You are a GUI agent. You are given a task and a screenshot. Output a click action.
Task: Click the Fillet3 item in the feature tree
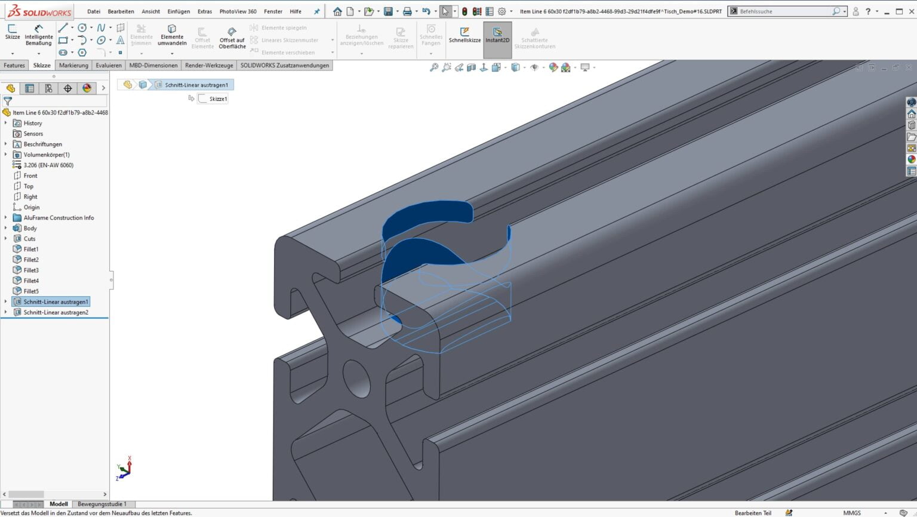(x=31, y=270)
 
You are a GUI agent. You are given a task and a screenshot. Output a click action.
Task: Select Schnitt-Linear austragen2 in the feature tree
(x=56, y=312)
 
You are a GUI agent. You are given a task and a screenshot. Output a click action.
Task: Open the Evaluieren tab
(x=109, y=66)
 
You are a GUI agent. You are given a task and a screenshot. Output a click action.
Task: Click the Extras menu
(x=205, y=11)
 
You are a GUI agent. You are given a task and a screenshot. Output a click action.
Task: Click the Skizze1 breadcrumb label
(x=218, y=99)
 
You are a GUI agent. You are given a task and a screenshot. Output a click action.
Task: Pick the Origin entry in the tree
(x=32, y=207)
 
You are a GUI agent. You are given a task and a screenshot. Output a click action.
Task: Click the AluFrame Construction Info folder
(x=59, y=218)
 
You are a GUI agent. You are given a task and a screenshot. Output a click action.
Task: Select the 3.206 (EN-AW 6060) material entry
(x=48, y=165)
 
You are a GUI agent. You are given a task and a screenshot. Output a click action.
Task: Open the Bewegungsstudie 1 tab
(x=102, y=504)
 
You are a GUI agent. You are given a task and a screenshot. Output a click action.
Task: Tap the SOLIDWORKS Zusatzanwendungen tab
(x=284, y=66)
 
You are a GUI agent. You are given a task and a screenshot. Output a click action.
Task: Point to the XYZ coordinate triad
(x=124, y=469)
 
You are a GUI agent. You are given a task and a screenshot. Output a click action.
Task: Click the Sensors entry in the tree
(x=33, y=134)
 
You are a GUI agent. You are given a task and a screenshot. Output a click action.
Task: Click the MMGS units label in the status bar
(x=851, y=513)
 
